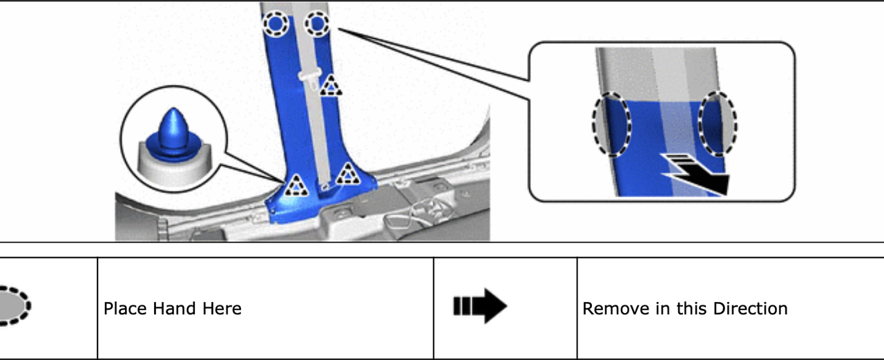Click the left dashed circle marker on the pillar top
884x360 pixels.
(x=276, y=23)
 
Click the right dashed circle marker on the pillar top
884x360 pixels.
(x=317, y=23)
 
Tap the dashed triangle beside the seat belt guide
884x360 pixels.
(x=331, y=86)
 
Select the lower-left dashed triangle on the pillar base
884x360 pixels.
(x=296, y=185)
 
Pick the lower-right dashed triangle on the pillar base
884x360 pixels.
(x=347, y=173)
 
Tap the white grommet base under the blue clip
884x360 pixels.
(x=173, y=166)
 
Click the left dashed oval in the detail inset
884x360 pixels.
(x=611, y=124)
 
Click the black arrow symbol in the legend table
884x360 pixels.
(x=480, y=306)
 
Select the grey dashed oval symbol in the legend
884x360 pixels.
(x=14, y=306)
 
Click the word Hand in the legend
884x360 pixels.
(x=173, y=308)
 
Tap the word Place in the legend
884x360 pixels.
(x=126, y=309)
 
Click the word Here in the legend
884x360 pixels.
(x=222, y=308)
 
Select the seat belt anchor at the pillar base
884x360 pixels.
(x=325, y=186)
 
